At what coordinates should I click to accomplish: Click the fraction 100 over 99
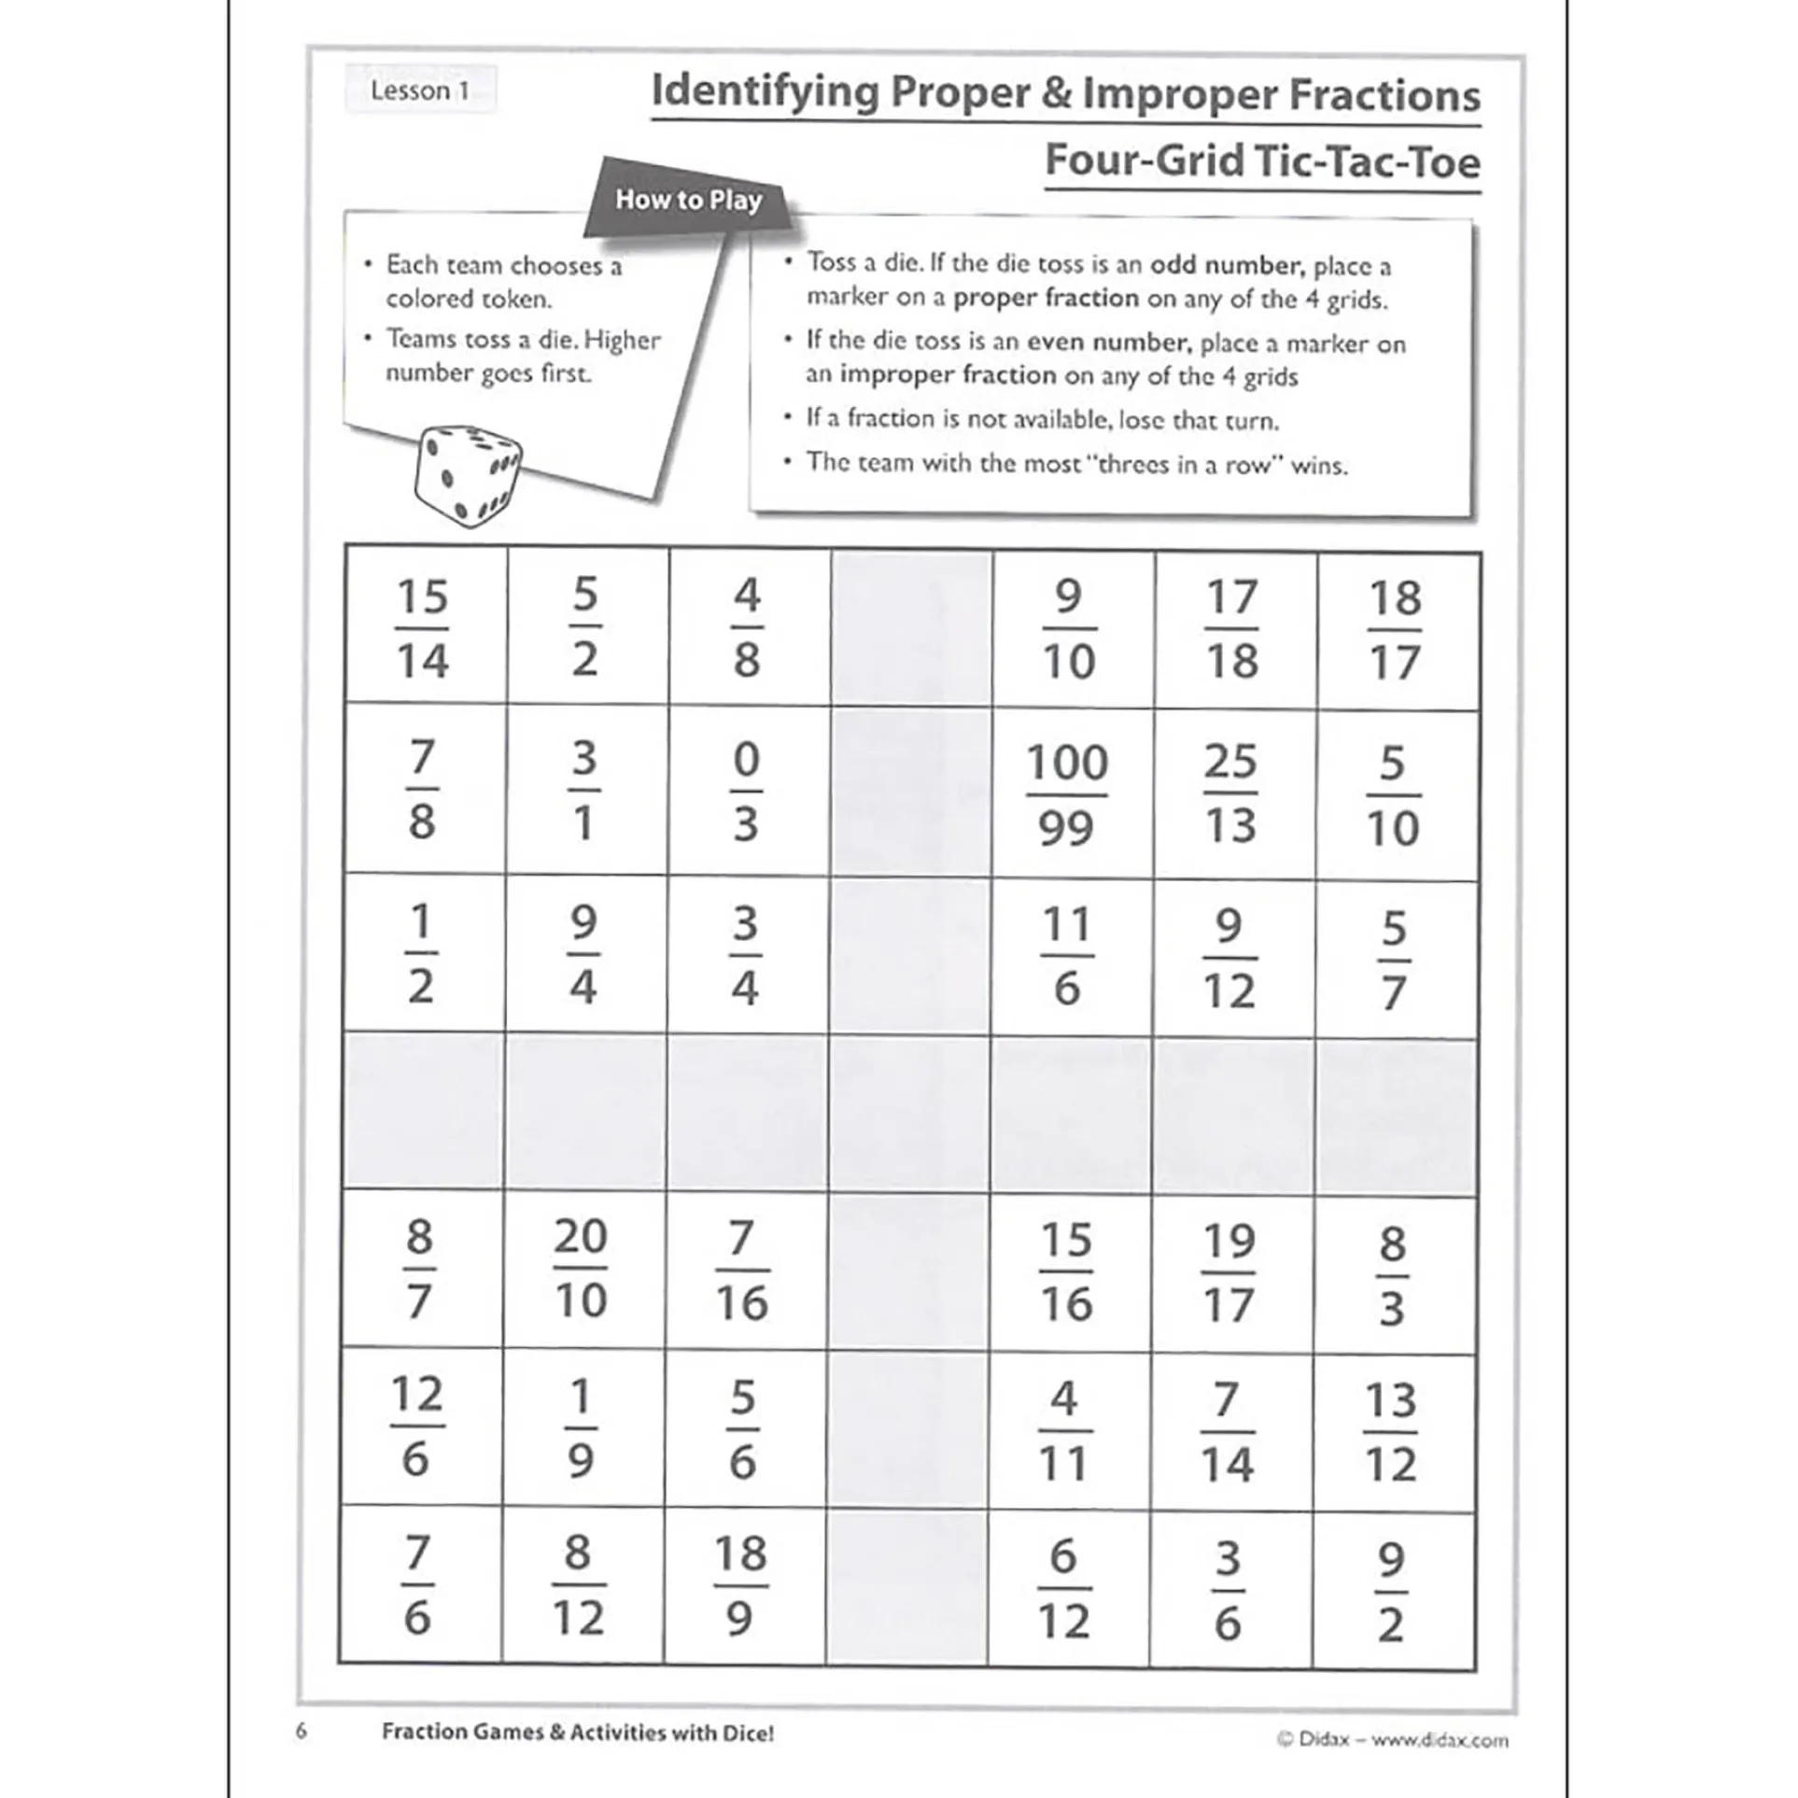tap(1066, 794)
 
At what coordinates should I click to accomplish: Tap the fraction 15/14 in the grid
tap(422, 628)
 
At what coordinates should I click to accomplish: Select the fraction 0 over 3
tap(746, 792)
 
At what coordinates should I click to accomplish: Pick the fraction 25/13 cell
tap(1229, 794)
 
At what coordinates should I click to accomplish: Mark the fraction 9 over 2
tap(1390, 1591)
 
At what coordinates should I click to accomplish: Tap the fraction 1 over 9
tap(580, 1428)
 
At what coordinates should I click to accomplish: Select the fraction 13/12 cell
tap(1390, 1432)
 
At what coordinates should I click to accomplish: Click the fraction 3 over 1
tap(583, 792)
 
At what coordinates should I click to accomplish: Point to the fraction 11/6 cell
tap(1066, 956)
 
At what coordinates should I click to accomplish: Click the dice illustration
tap(466, 475)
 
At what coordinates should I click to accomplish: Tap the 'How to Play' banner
tap(689, 200)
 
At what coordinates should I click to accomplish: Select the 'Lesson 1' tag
tap(420, 91)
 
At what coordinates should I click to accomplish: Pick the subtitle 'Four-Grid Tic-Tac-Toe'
tap(1262, 161)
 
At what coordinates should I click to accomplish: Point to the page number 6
tap(301, 1732)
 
